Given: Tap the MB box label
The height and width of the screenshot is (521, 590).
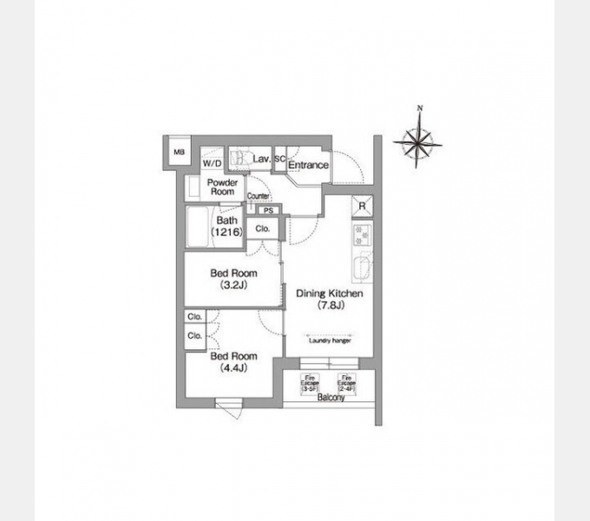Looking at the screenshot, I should tap(180, 153).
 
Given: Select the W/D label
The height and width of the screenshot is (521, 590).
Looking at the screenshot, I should tap(212, 162).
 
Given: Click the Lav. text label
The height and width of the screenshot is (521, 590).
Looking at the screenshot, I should tap(261, 160).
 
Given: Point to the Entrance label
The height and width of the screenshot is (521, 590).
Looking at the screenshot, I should tap(308, 164).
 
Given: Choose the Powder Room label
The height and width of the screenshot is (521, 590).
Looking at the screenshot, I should tap(222, 187).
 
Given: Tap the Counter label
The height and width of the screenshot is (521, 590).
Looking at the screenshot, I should tap(259, 197).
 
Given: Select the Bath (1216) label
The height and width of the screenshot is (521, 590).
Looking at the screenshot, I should tap(227, 226).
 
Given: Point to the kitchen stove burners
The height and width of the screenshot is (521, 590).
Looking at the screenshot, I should tap(361, 234).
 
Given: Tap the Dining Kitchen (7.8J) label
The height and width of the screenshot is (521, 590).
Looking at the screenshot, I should tap(329, 299).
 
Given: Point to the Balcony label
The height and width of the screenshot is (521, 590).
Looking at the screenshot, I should tap(331, 398).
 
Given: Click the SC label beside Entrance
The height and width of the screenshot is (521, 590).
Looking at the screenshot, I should tap(280, 160).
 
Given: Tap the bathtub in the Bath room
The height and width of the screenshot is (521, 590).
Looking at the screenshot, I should tap(199, 228).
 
